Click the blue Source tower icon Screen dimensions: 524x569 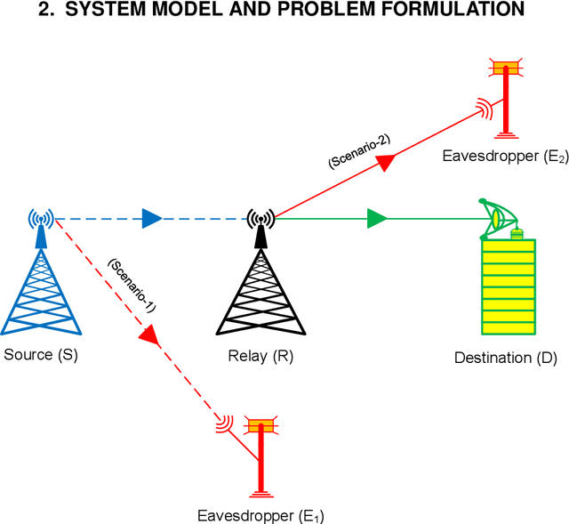coord(39,280)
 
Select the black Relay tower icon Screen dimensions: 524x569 coord(260,280)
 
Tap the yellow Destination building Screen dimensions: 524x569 coord(509,286)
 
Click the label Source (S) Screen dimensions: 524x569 coord(41,355)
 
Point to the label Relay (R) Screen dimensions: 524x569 coord(260,357)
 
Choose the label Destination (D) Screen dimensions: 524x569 coord(505,359)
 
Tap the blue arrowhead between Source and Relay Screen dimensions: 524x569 coord(152,217)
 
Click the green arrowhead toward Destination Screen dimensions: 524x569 coord(377,217)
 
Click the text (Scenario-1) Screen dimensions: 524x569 coord(131,285)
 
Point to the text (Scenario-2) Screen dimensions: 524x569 coord(358,150)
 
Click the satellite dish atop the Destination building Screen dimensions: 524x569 coord(498,217)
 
